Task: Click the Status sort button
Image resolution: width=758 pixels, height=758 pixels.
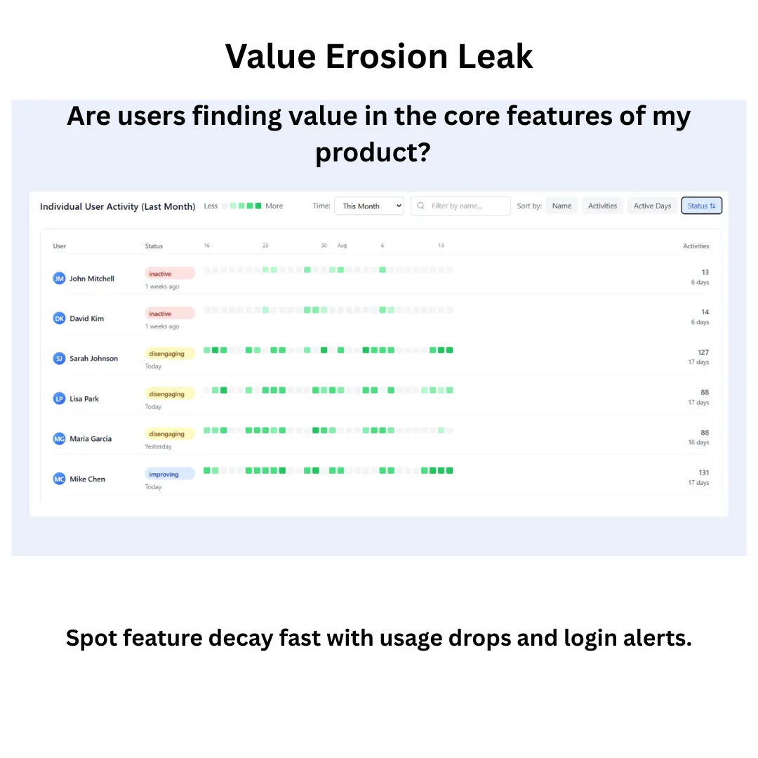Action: point(701,206)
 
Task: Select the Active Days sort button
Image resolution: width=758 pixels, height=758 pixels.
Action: point(652,206)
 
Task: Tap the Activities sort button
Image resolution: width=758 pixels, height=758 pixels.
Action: point(602,206)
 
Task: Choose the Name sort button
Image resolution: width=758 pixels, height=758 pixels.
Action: point(561,206)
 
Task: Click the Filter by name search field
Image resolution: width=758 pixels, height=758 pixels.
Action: point(460,206)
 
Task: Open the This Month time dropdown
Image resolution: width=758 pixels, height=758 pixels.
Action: point(369,206)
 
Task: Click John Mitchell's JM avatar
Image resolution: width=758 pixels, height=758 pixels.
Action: point(60,279)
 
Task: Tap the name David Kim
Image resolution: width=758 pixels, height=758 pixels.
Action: point(86,319)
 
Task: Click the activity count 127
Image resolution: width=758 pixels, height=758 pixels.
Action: point(703,352)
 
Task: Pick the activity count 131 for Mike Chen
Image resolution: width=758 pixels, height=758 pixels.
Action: point(703,473)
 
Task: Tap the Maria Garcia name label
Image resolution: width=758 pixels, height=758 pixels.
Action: point(91,439)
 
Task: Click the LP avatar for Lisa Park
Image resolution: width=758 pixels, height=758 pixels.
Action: point(60,399)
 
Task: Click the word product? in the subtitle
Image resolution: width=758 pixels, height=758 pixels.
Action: point(372,152)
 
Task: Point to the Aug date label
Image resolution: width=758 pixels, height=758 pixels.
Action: point(342,246)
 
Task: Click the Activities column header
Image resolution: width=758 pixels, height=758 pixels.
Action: point(696,246)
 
